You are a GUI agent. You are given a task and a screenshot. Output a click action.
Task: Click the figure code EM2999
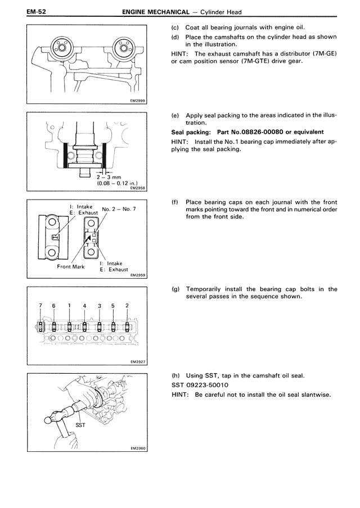(137, 101)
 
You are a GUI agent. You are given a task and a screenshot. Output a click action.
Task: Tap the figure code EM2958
(137, 188)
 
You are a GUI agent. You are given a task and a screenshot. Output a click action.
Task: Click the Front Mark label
(71, 266)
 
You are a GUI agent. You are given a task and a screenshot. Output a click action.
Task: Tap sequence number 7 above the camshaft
(40, 305)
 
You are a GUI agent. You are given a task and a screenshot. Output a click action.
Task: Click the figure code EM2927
(137, 363)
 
